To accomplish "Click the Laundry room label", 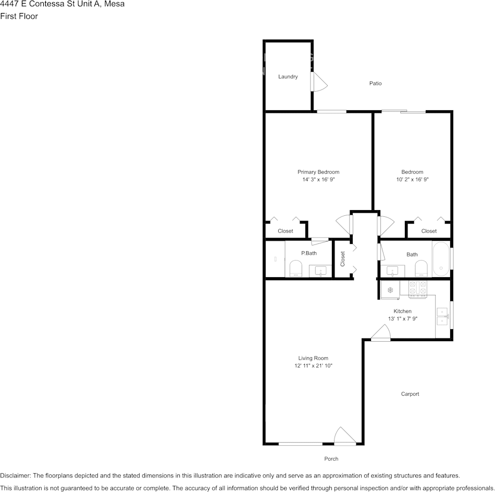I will (x=288, y=77).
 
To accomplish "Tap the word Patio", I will (x=375, y=83).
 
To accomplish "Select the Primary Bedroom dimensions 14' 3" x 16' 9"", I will (x=318, y=179).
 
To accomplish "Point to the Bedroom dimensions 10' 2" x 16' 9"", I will (x=412, y=179).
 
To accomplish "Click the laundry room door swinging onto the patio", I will (x=319, y=82).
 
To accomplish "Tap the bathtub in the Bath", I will (x=441, y=259).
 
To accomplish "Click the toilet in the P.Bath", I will (x=296, y=269).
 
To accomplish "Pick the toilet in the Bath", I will (x=421, y=269).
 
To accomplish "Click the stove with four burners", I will (x=418, y=289).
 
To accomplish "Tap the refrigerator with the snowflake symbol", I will (x=389, y=289).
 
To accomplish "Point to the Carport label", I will (x=410, y=394).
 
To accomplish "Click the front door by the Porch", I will (x=344, y=437).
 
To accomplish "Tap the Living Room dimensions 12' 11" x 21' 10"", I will (x=313, y=366).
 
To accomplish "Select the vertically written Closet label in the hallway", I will (x=342, y=259).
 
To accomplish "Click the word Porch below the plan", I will (x=331, y=459).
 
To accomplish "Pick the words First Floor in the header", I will (x=19, y=16).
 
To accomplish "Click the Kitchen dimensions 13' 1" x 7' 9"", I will (x=402, y=318).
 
